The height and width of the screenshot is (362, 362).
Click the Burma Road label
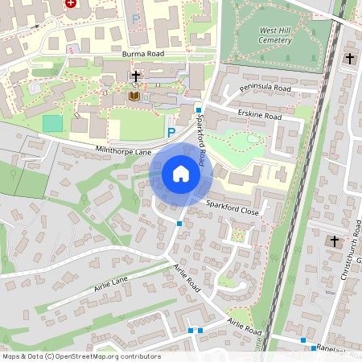pos(143,54)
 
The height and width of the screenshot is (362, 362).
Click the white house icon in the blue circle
pos(181,173)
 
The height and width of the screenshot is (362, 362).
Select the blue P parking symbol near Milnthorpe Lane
pos(171,131)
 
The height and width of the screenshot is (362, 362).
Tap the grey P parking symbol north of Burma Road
pos(136,18)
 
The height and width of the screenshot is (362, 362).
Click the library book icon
pos(134,97)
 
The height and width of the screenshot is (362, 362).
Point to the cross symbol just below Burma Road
pos(136,76)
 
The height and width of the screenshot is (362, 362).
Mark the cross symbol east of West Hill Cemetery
pos(350,58)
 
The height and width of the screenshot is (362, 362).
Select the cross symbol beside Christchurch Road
pos(334,241)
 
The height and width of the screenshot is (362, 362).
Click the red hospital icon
pos(71,4)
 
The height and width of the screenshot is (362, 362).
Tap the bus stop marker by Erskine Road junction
pos(198,109)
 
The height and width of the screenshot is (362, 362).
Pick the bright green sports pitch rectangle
pos(52,123)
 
